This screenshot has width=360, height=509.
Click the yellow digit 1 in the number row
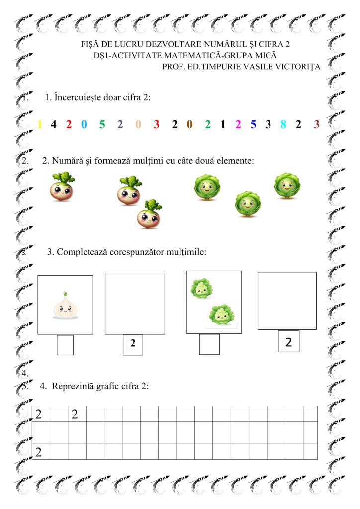(x=40, y=124)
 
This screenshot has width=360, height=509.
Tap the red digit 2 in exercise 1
(x=69, y=124)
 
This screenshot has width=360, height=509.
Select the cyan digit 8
(x=283, y=124)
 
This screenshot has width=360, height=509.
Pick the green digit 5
(x=102, y=124)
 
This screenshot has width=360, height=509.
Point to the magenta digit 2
(x=238, y=124)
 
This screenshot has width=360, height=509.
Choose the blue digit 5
(x=253, y=124)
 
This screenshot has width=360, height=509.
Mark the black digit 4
(x=53, y=124)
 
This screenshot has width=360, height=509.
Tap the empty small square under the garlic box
(x=65, y=345)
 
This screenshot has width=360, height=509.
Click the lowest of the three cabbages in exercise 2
(x=247, y=204)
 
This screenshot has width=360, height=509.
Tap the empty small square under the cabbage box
(x=209, y=344)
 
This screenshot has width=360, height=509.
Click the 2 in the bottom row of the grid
(x=38, y=452)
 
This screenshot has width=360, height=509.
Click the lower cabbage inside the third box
(x=221, y=314)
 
